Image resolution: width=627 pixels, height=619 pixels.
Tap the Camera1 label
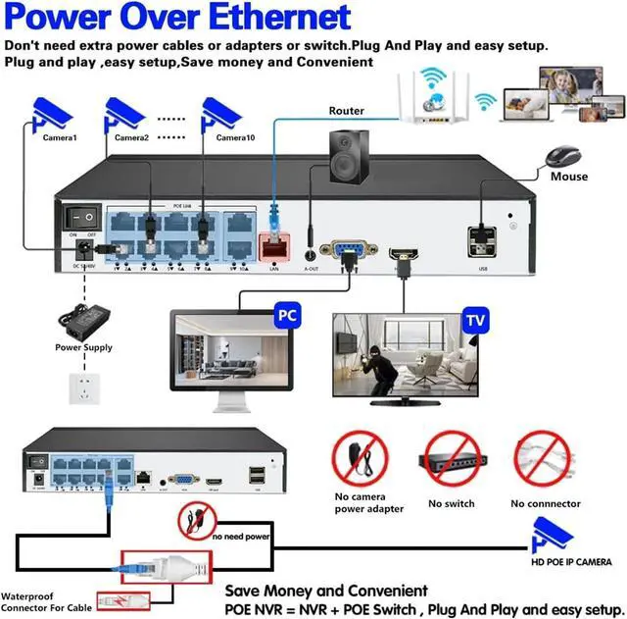click(59, 138)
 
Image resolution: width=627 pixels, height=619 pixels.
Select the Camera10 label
click(235, 138)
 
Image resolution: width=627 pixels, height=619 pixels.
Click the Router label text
click(346, 112)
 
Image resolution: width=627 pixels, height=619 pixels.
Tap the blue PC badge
click(286, 318)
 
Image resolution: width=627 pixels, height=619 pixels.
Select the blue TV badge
click(475, 321)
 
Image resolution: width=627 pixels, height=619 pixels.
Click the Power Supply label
click(83, 347)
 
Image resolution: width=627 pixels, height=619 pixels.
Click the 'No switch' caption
click(451, 503)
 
